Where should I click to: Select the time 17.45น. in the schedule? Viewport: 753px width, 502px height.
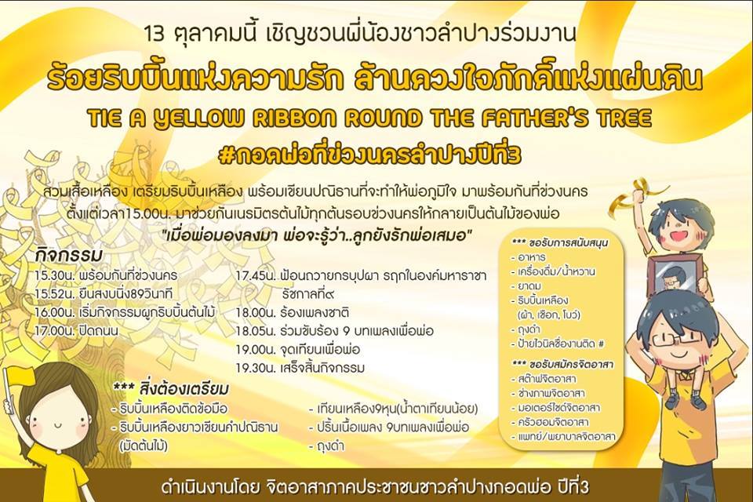256,276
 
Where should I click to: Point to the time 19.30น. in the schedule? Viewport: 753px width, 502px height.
256,368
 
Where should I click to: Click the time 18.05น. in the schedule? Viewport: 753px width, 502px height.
256,331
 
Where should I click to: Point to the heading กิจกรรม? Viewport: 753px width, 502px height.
69,255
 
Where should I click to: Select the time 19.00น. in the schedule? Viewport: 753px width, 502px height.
256,349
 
